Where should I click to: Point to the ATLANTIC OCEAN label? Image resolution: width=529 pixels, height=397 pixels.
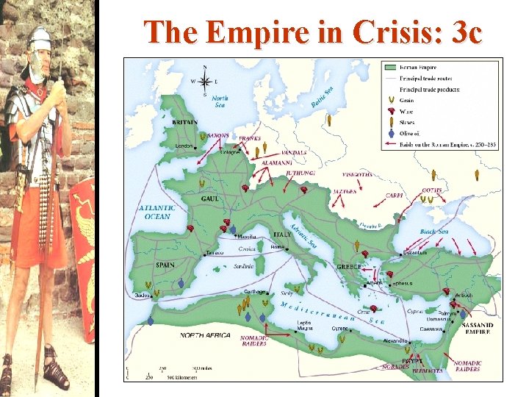(x=155, y=212)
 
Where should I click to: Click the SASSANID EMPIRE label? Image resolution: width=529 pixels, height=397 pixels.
(x=478, y=328)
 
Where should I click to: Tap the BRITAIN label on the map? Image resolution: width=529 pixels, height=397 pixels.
(x=184, y=122)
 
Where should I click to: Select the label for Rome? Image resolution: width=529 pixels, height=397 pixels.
(x=278, y=247)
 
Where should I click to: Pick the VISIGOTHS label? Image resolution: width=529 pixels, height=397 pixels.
(x=359, y=175)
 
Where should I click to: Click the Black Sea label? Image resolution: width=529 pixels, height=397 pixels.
(x=433, y=232)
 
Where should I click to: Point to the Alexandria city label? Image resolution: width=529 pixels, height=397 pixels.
(x=396, y=341)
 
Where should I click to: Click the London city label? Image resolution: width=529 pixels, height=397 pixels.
(x=184, y=146)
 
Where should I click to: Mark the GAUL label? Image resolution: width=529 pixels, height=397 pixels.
(x=210, y=198)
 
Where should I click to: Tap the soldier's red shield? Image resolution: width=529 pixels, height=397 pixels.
(x=82, y=250)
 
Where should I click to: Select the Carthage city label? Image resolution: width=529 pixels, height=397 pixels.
(x=255, y=291)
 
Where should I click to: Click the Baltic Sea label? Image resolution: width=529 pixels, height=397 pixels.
(x=321, y=97)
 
